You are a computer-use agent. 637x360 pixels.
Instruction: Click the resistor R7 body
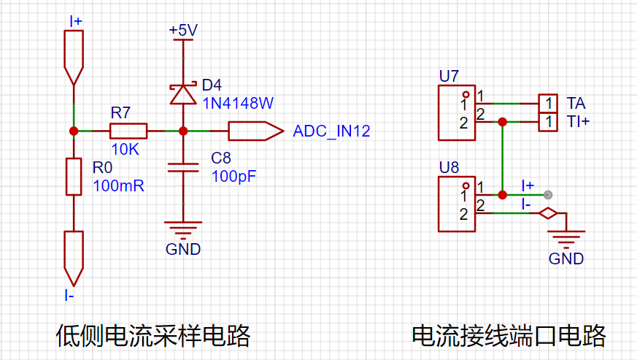click(128, 131)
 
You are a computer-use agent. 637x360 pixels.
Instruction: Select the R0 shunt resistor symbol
click(74, 177)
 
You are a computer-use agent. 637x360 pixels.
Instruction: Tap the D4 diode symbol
click(183, 94)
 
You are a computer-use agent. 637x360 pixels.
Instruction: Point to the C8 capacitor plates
click(183, 168)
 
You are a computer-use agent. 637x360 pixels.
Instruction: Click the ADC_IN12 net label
click(331, 131)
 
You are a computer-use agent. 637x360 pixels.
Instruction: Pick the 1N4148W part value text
click(238, 103)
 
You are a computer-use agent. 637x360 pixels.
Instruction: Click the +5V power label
click(183, 30)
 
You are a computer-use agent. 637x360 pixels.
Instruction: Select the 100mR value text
click(119, 186)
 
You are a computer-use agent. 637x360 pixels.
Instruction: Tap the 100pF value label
click(233, 176)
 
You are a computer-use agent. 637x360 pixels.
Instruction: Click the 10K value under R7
click(125, 149)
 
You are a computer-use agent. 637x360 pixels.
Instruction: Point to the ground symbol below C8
click(183, 230)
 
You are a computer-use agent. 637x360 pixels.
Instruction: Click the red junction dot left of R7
click(74, 131)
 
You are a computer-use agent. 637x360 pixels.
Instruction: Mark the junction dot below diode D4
click(183, 131)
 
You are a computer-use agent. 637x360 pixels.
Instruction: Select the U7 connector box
click(457, 112)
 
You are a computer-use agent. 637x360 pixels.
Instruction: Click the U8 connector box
click(457, 204)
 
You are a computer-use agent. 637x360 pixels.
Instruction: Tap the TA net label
click(576, 103)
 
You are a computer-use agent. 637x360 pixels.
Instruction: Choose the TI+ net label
click(578, 121)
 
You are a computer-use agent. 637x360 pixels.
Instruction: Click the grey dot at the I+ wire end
click(548, 195)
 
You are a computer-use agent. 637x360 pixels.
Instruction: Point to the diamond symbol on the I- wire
click(548, 213)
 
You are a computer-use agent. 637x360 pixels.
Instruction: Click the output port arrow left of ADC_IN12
click(256, 131)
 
